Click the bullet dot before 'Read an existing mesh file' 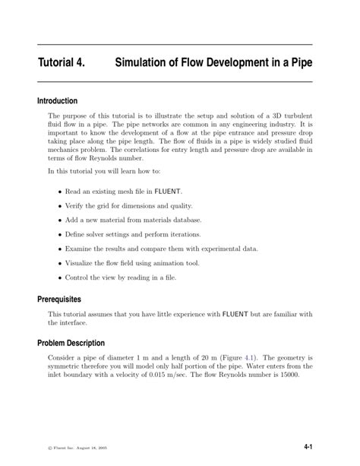coord(60,192)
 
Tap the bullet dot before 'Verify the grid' coord(60,206)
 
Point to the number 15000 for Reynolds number coord(288,374)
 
